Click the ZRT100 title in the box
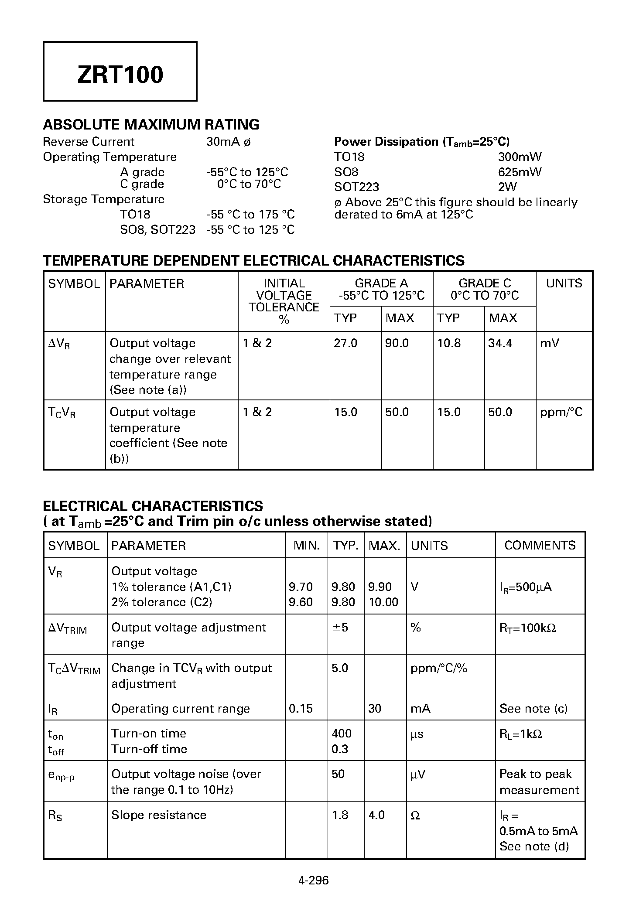(120, 75)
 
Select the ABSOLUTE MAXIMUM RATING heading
(151, 125)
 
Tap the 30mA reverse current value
(223, 142)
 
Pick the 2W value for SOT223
(507, 187)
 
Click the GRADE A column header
(381, 283)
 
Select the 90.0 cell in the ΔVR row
(397, 343)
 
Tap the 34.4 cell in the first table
(500, 343)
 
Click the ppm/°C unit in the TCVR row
(561, 412)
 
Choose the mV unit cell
(549, 343)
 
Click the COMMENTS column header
(540, 545)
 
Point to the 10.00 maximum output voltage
(383, 602)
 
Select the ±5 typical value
(340, 628)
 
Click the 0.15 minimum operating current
(301, 708)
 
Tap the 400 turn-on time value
(342, 734)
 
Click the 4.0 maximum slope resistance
(376, 815)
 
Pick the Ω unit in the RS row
(415, 816)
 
